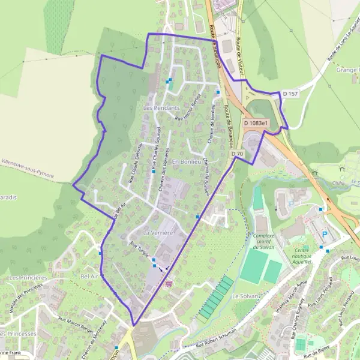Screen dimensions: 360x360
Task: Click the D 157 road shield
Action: pos(290,94)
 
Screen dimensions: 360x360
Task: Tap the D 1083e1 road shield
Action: pos(257,124)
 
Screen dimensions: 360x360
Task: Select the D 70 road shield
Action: pos(238,154)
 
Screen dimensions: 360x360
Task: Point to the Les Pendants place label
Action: pos(162,108)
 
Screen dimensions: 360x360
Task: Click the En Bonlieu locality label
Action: pos(185,162)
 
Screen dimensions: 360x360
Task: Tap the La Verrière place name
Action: pos(158,232)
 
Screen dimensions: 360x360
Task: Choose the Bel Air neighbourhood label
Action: pos(88,276)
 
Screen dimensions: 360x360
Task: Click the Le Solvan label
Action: pos(244,296)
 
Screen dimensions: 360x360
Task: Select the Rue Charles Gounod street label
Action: pos(157,145)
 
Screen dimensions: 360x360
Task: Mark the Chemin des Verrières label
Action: pos(165,170)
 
